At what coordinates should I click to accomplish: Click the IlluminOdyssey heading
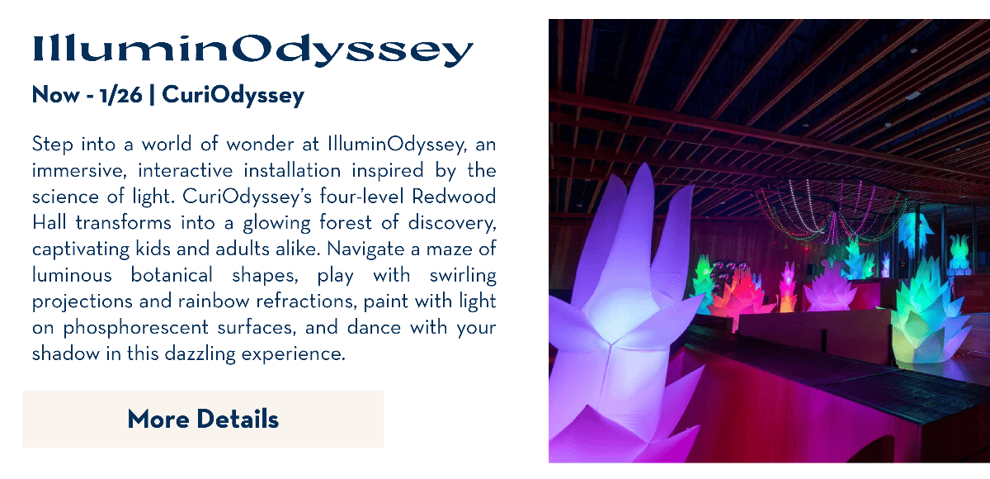pos(252,50)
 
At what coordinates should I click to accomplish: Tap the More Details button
pos(203,419)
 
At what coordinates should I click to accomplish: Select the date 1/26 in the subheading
pos(120,95)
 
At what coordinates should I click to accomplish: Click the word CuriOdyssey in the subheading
pos(233,96)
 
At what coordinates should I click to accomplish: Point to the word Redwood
pos(454,197)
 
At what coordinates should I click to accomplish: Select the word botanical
pos(172,275)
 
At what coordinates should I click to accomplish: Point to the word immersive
pos(79,171)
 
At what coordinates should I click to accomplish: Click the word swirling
pos(463,276)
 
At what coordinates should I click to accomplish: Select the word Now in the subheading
pos(56,95)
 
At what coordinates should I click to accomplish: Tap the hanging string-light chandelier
pos(831,211)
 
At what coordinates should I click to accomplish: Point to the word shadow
pos(66,353)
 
